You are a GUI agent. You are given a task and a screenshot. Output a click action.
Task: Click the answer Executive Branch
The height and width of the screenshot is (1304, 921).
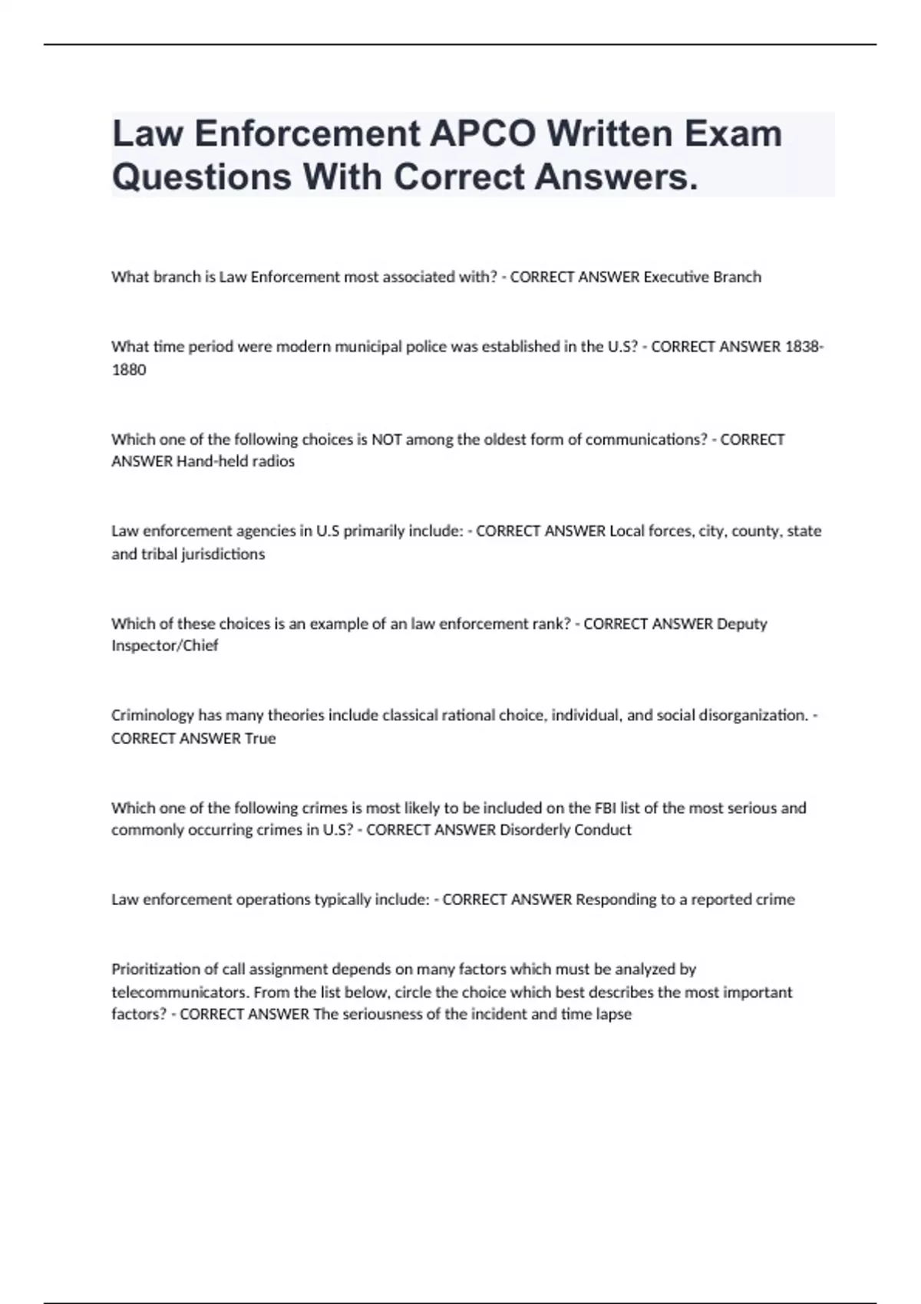coord(701,277)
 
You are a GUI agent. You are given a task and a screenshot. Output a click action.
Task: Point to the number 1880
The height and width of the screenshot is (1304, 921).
coord(129,370)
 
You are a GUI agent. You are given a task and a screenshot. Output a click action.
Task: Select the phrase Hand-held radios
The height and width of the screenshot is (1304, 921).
coord(236,462)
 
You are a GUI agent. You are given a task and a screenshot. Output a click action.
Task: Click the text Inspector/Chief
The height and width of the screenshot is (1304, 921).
coord(165,646)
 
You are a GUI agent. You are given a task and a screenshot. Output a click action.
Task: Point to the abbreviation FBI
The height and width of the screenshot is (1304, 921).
coord(603,808)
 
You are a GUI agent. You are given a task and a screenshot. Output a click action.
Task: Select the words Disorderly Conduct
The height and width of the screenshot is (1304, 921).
coord(566,830)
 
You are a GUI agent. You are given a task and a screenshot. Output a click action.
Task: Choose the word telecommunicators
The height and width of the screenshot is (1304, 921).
coord(180,992)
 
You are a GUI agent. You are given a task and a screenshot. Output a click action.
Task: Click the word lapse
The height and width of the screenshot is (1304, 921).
coord(613,1014)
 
